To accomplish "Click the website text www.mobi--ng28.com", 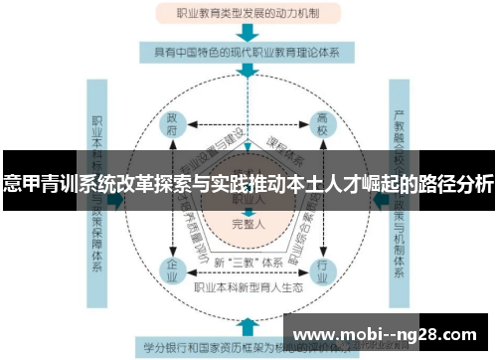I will click(x=388, y=334).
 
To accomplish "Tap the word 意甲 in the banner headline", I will click(x=18, y=184).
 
